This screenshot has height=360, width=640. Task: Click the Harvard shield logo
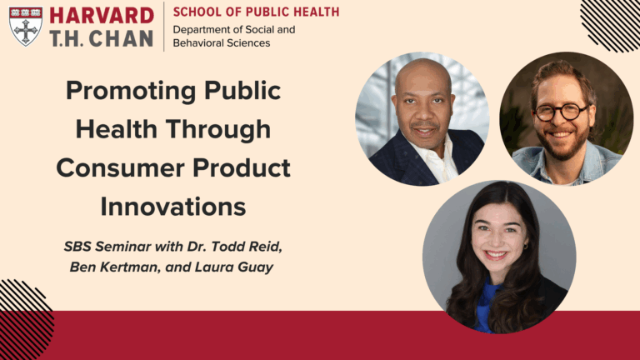(26, 26)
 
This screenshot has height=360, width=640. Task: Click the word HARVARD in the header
(102, 16)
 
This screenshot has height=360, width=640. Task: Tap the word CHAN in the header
(125, 38)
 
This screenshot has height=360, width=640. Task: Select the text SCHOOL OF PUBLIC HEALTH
(256, 12)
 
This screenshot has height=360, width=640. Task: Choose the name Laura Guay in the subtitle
(242, 267)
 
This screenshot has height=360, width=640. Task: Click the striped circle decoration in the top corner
(615, 20)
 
